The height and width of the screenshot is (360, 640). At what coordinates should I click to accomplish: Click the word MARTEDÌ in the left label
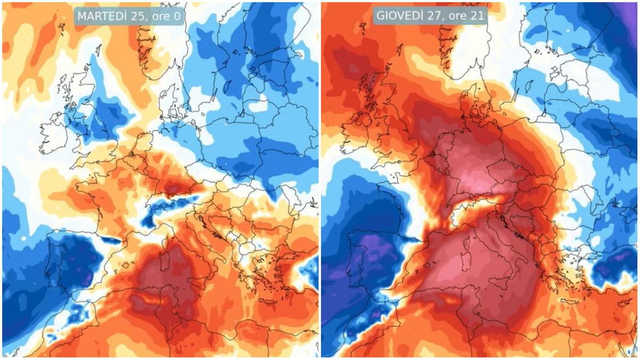click(x=102, y=17)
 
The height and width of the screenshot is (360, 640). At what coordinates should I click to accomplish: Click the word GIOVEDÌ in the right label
click(x=399, y=15)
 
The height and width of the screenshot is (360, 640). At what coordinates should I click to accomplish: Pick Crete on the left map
click(x=268, y=301)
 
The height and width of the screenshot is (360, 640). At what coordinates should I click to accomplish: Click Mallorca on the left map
click(x=126, y=266)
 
